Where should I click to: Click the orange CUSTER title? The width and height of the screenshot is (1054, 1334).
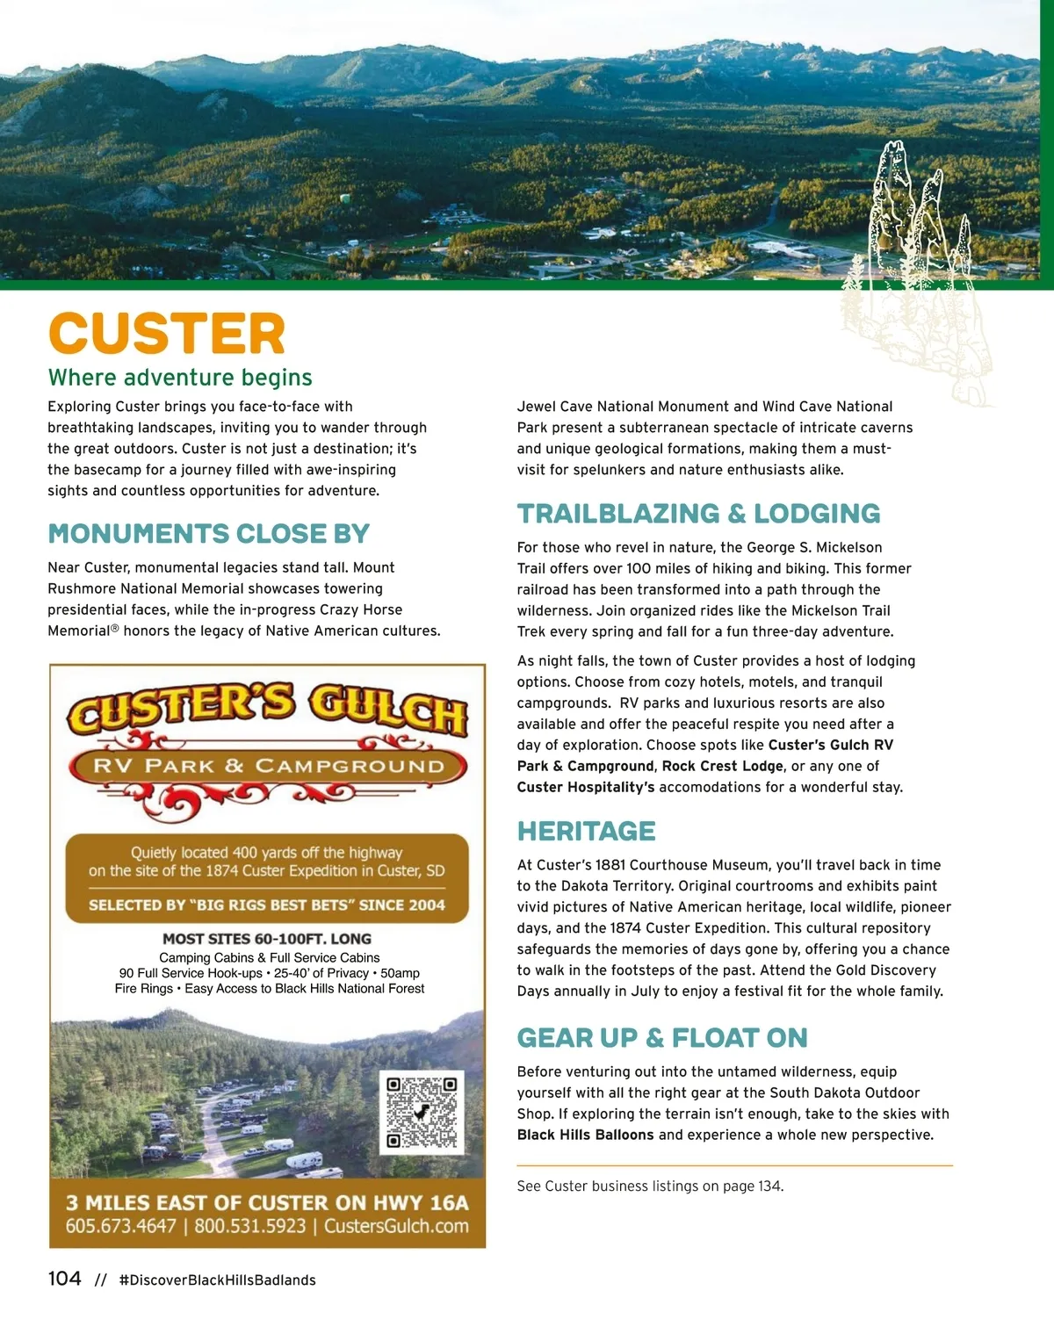pyautogui.click(x=167, y=334)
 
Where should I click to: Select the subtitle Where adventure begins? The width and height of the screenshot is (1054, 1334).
pyautogui.click(x=180, y=378)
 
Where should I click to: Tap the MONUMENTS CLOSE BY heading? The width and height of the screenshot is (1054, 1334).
pyautogui.click(x=208, y=534)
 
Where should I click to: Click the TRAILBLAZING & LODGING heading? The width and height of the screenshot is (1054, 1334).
pyautogui.click(x=698, y=514)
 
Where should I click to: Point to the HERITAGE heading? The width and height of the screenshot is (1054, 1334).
pyautogui.click(x=586, y=831)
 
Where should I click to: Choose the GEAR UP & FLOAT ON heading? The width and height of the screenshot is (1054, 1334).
pyautogui.click(x=661, y=1038)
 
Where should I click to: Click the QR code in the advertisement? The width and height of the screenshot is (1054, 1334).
pyautogui.click(x=422, y=1111)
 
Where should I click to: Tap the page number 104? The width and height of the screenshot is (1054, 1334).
pyautogui.click(x=64, y=1279)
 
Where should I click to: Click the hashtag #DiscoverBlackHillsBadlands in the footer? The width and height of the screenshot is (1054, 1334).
pyautogui.click(x=217, y=1280)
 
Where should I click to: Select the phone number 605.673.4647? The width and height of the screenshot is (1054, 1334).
pyautogui.click(x=120, y=1226)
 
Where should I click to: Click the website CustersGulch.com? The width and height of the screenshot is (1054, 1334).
pyautogui.click(x=396, y=1226)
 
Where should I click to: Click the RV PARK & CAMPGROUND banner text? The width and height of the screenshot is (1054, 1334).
pyautogui.click(x=268, y=766)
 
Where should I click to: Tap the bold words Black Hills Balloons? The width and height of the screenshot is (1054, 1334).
pyautogui.click(x=585, y=1135)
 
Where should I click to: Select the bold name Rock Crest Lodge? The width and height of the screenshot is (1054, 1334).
pyautogui.click(x=722, y=766)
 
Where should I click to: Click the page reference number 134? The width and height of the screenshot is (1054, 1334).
pyautogui.click(x=769, y=1186)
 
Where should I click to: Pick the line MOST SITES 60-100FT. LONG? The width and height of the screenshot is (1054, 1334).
pyautogui.click(x=267, y=939)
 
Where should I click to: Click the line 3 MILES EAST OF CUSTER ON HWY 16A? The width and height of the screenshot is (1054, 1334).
pyautogui.click(x=267, y=1202)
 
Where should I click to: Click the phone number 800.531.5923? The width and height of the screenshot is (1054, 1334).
pyautogui.click(x=250, y=1226)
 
